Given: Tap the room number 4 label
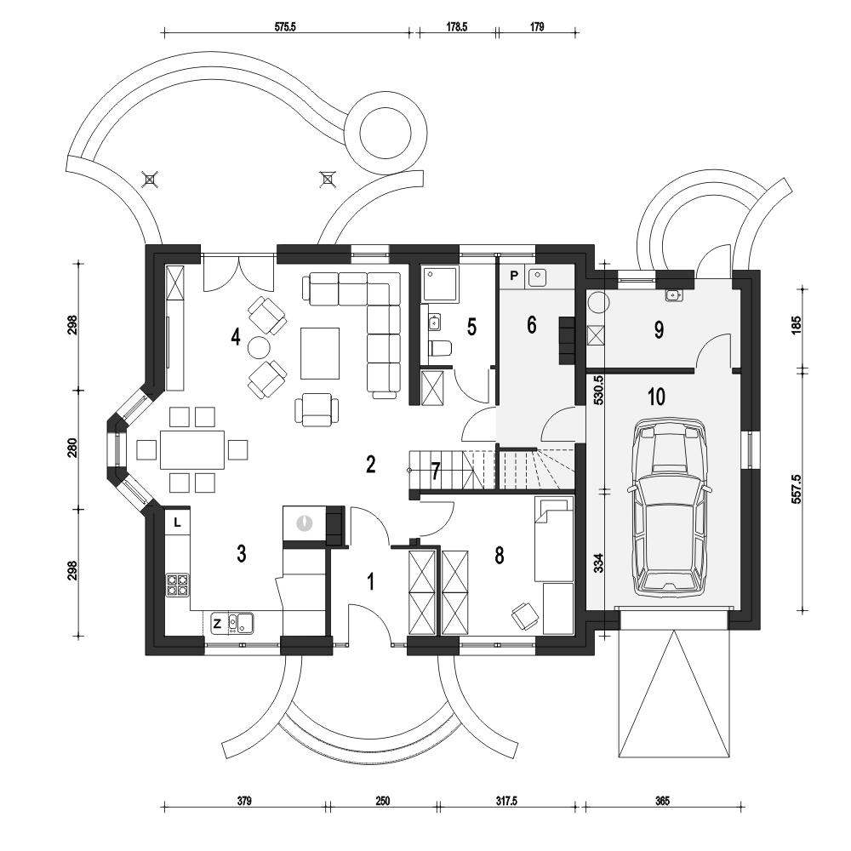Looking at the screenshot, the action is (x=235, y=337).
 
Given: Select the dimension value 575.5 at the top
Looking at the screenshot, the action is (x=285, y=26).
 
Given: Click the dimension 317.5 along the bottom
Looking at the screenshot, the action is (x=506, y=801).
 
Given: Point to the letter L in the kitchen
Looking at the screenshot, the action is (x=177, y=523).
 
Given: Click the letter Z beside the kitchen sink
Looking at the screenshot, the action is (x=217, y=624).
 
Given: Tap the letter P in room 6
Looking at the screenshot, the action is (x=513, y=276).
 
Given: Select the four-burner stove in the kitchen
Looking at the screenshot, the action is (x=178, y=585).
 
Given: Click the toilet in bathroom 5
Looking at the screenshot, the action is (x=440, y=348).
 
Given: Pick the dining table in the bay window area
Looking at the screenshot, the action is (x=192, y=450).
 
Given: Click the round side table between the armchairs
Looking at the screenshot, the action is (x=259, y=348).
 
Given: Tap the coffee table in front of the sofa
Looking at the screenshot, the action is (x=320, y=353).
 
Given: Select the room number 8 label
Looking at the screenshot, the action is (x=499, y=556).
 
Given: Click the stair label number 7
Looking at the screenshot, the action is (x=435, y=471).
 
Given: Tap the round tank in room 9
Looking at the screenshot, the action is (x=599, y=303).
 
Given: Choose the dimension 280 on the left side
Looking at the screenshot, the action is (x=72, y=448).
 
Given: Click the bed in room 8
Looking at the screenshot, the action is (x=554, y=539).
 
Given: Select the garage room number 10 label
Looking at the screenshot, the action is (x=657, y=397).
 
